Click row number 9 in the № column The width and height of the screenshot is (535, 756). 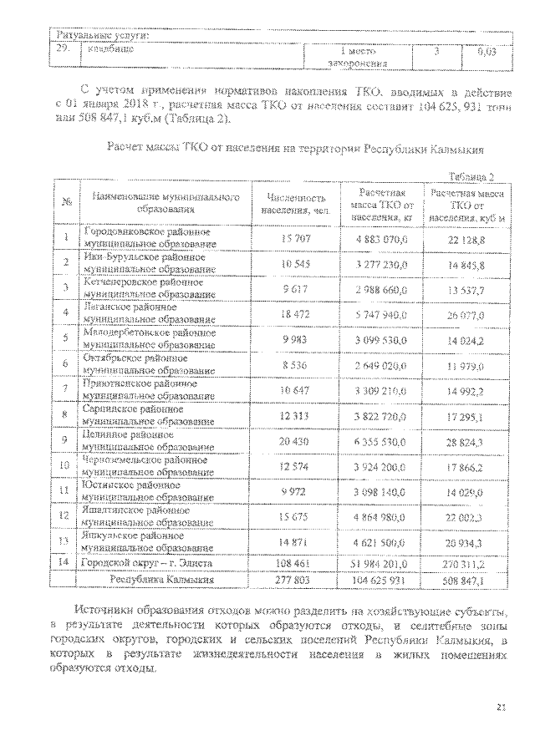click(64, 440)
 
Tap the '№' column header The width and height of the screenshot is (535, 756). click(64, 203)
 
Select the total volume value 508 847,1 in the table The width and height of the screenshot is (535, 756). click(468, 576)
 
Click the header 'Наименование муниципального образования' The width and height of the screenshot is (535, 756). click(161, 203)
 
